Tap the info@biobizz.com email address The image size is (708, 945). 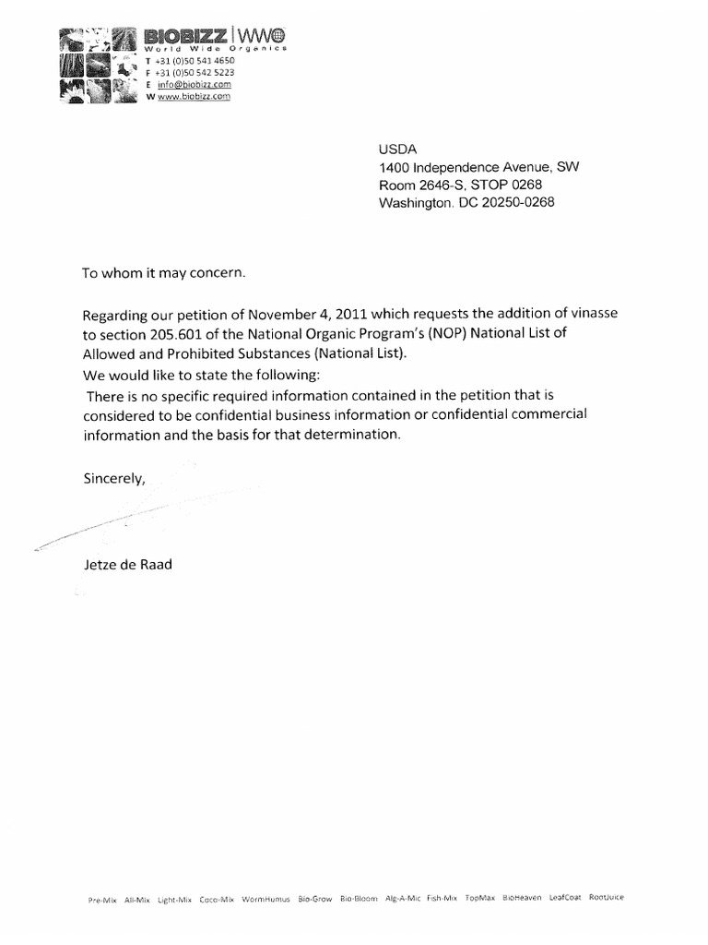[x=188, y=84]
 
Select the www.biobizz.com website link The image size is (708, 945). [x=194, y=96]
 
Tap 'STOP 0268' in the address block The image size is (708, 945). [x=513, y=185]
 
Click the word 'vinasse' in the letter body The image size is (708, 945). [x=592, y=314]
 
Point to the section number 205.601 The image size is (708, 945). [x=167, y=333]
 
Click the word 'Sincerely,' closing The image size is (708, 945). [x=114, y=478]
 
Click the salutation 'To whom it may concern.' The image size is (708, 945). [x=165, y=273]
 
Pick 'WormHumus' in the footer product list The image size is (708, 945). [x=265, y=898]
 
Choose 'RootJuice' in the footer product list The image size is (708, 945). [x=608, y=897]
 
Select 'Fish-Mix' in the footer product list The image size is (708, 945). [x=442, y=898]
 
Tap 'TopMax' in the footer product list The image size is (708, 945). [x=480, y=898]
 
